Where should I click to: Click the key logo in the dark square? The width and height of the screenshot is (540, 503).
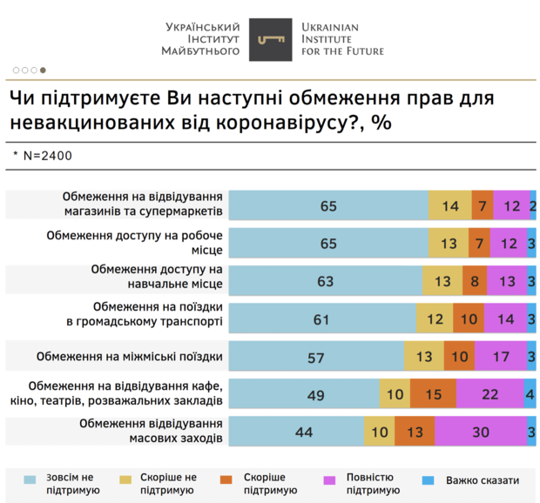271,39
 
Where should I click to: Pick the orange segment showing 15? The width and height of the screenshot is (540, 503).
433,394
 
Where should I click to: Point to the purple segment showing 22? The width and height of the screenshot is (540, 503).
489,394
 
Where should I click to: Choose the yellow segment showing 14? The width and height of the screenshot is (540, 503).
450,206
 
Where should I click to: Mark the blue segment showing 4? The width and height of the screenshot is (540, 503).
530,394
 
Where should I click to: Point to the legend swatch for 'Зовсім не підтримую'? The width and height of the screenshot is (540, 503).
30,480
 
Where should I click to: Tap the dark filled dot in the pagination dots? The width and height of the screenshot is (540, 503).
44,70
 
